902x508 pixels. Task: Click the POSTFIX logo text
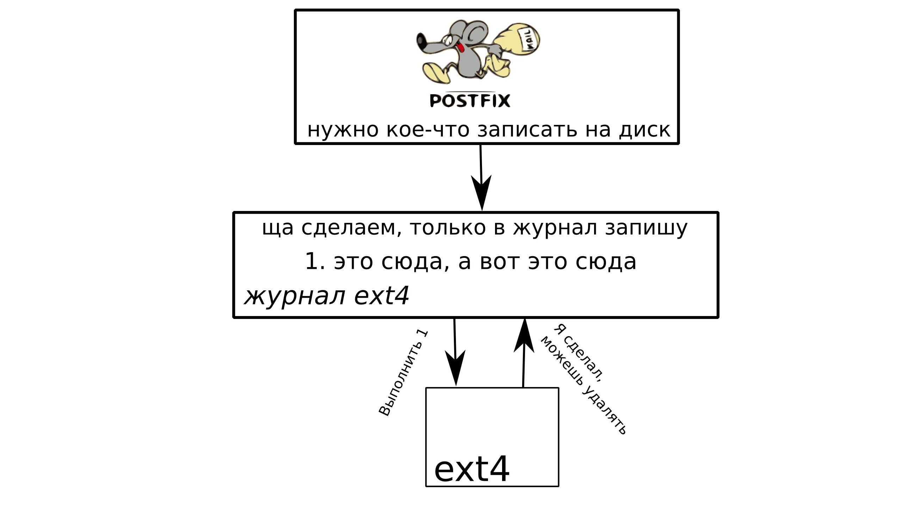470,101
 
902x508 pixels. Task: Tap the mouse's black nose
421,41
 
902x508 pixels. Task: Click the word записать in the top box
527,130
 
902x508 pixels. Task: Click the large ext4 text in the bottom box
471,469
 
